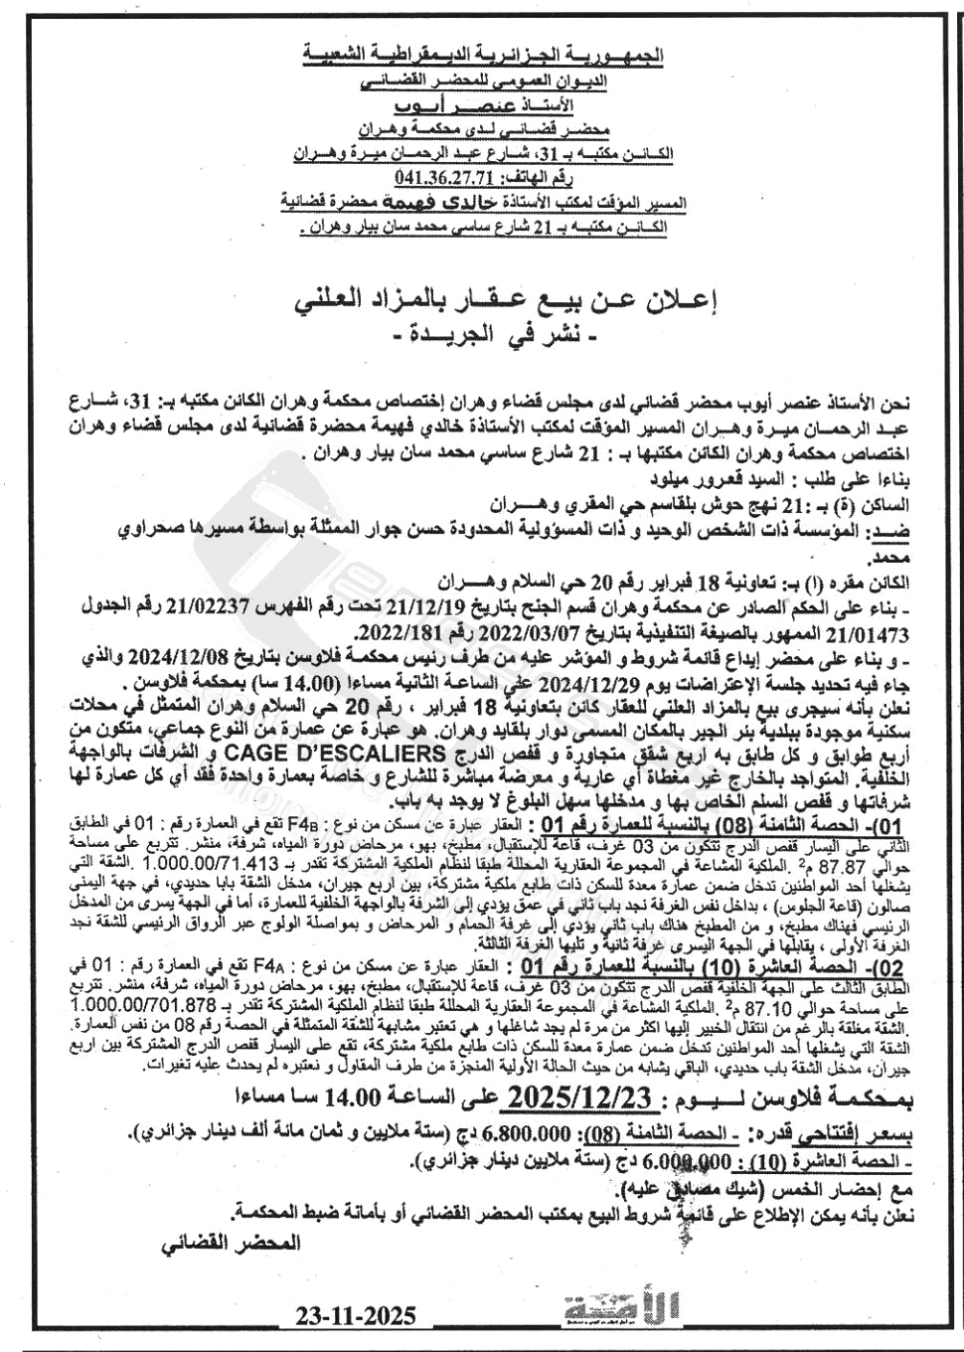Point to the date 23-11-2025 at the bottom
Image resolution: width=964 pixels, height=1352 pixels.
[x=355, y=1317]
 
